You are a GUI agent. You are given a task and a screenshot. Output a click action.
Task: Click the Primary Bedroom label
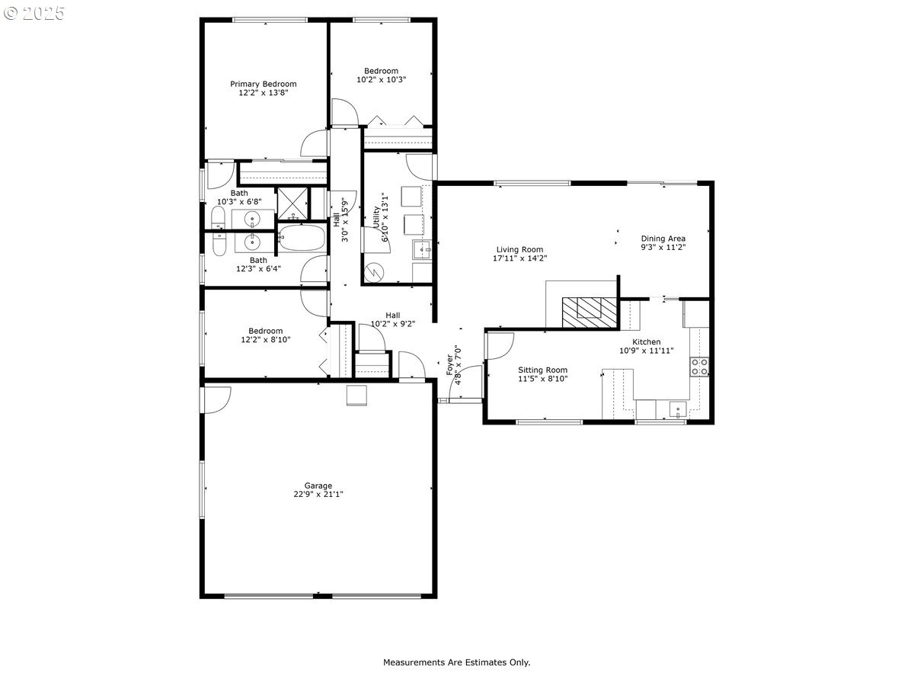point(264,84)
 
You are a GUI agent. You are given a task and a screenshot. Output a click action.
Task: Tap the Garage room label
point(318,486)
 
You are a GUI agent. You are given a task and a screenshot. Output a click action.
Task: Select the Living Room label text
point(519,249)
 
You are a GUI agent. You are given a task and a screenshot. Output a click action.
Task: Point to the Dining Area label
point(663,239)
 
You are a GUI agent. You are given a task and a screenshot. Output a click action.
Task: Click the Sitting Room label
point(542,370)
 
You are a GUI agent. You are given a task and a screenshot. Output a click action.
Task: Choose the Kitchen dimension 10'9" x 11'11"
point(646,351)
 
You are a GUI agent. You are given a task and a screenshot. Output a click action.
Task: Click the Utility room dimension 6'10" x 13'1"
point(385,217)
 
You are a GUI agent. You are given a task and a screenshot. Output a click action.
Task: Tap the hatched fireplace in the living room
point(590,313)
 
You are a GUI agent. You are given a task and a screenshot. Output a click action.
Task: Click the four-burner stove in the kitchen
point(699,367)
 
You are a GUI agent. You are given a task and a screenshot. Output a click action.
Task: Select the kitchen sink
point(678,409)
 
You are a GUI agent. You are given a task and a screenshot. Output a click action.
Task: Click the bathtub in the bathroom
point(302,238)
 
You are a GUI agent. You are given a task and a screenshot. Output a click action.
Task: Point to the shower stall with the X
point(292,204)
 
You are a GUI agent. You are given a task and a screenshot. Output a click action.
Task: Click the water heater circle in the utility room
point(372,273)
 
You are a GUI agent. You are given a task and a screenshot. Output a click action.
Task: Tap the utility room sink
point(422,249)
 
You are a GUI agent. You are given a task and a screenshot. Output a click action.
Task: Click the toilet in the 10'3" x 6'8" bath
point(218,217)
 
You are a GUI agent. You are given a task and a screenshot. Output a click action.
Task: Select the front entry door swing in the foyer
point(465,382)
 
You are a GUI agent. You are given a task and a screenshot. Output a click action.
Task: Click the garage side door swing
point(216,400)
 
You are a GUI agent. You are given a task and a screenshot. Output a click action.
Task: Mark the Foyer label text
point(449,365)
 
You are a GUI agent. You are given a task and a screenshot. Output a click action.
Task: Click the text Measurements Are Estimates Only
point(457,662)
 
